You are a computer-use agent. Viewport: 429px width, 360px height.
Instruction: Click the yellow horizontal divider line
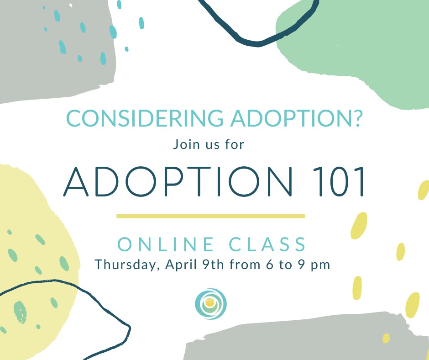tap(210, 216)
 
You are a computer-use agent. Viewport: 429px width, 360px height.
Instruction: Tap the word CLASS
tap(268, 245)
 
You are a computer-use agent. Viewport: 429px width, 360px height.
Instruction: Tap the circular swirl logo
tap(210, 304)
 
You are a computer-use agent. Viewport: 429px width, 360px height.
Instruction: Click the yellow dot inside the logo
tap(209, 302)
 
